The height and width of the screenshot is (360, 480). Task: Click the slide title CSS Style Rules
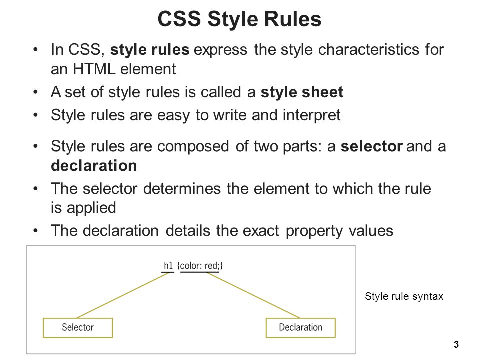[239, 19]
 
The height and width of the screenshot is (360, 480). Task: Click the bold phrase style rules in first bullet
[150, 49]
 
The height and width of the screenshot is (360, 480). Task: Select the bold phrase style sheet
[302, 92]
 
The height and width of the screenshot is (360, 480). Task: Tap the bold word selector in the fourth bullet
[372, 146]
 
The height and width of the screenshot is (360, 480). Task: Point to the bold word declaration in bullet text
[94, 165]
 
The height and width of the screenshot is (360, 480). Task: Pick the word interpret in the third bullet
[311, 115]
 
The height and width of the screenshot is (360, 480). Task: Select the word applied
[91, 208]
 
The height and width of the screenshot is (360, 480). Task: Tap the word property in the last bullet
[314, 231]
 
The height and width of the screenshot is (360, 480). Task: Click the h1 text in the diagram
[168, 265]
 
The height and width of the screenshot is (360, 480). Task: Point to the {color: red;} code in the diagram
[200, 265]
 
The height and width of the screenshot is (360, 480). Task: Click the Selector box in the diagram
[78, 328]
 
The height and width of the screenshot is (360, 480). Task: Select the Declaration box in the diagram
[301, 328]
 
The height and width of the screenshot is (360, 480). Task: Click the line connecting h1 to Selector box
[123, 295]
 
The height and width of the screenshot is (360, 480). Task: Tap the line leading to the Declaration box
[253, 295]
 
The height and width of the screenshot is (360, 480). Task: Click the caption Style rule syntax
[404, 296]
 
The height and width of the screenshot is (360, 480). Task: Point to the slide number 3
[456, 344]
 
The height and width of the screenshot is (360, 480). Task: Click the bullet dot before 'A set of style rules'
[36, 92]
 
